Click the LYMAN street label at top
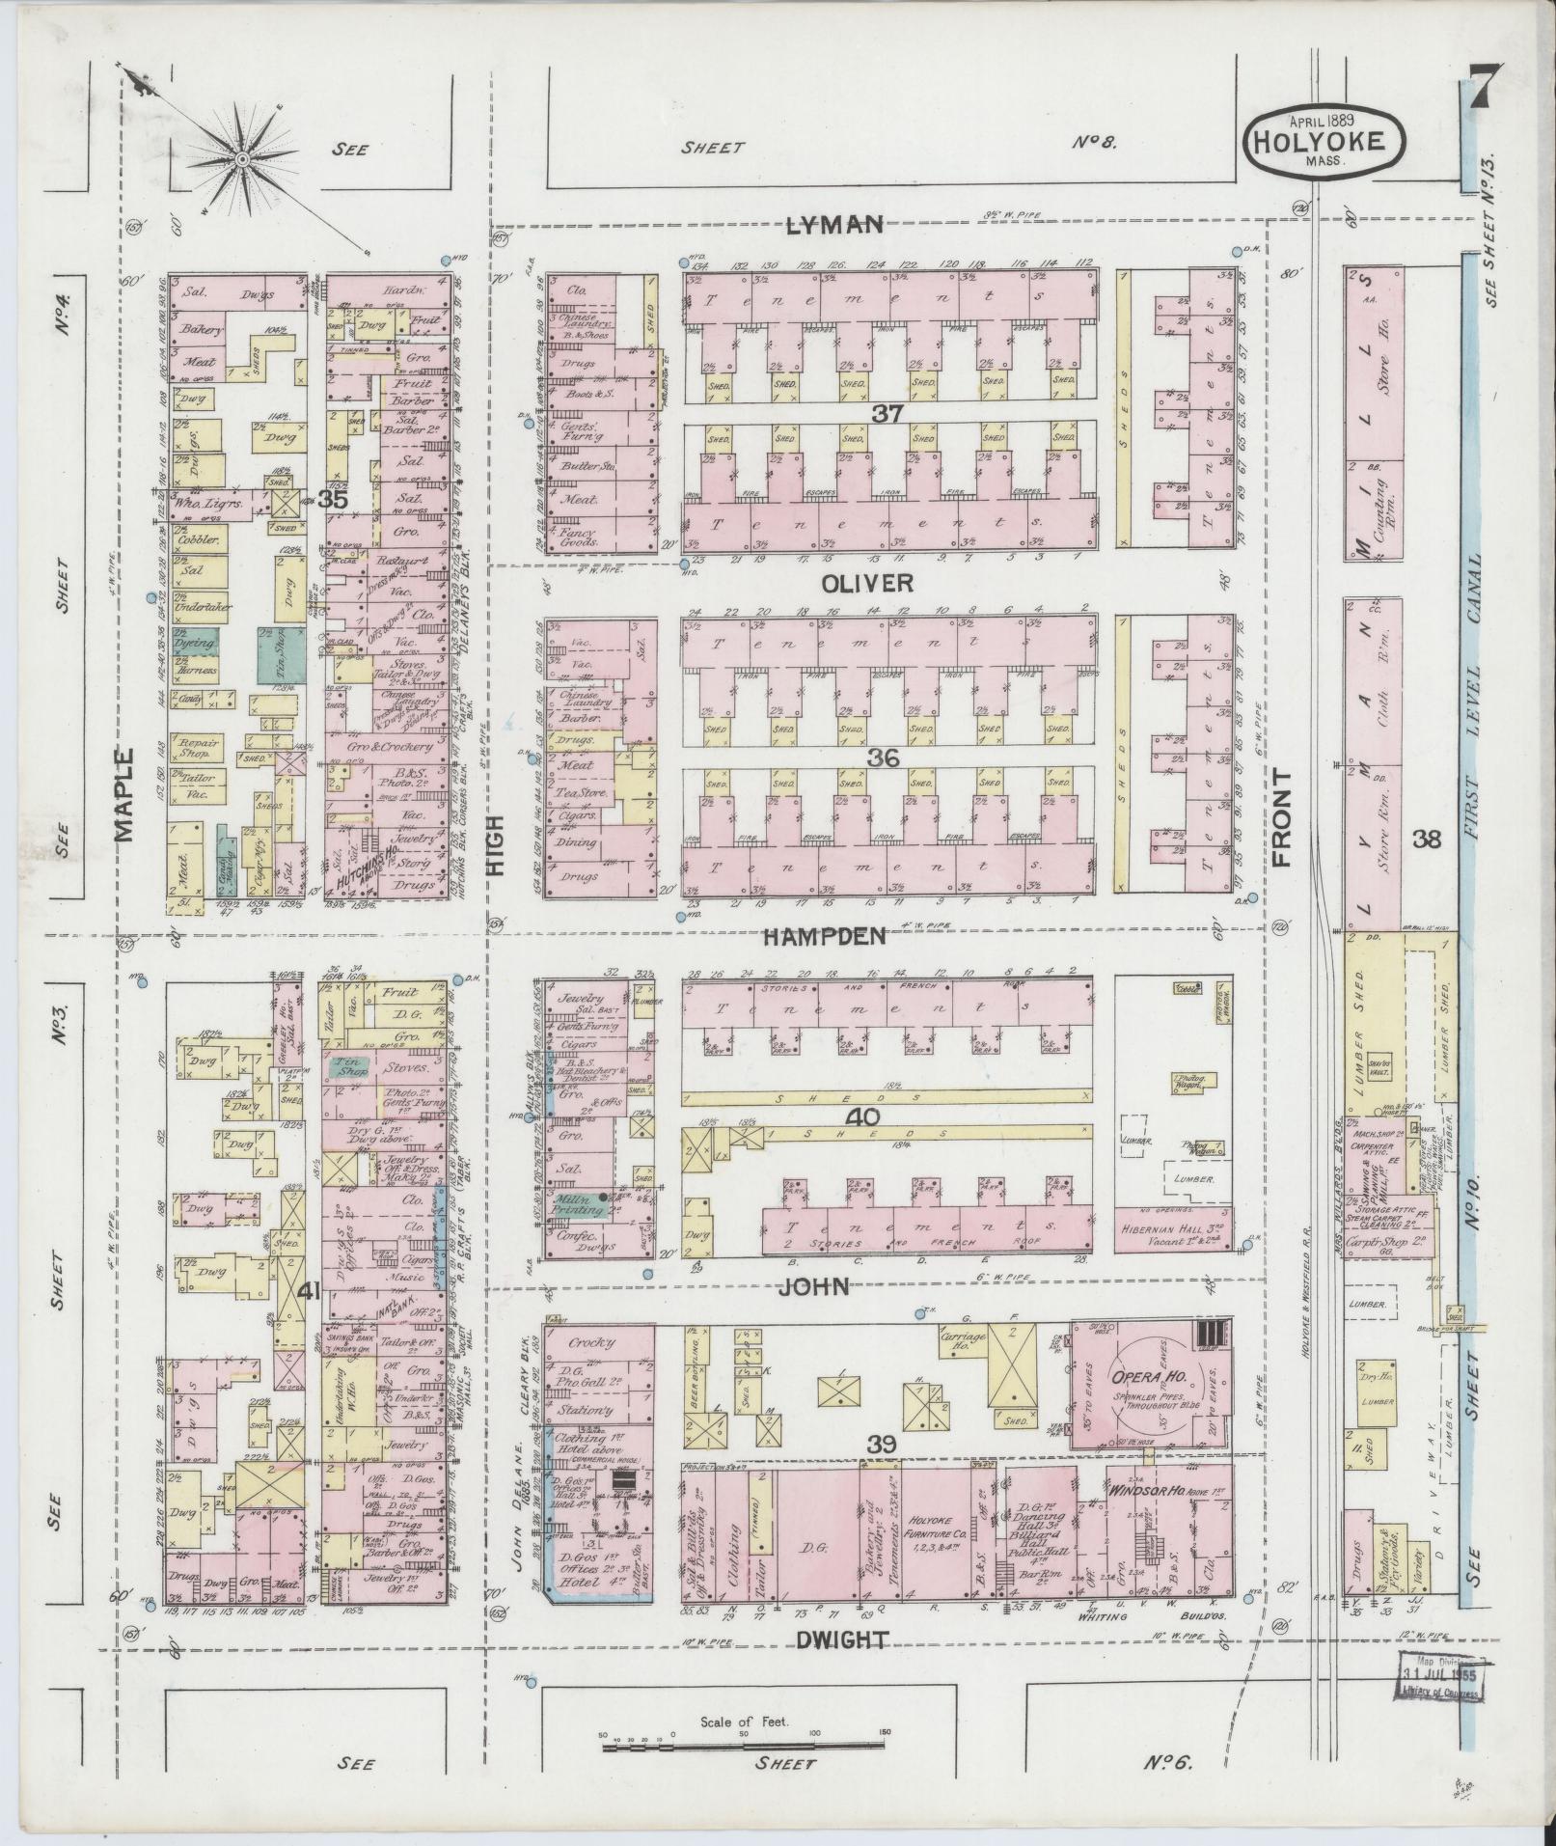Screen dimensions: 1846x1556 [x=834, y=225]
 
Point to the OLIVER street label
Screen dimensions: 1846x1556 [x=867, y=583]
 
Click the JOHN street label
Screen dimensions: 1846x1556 [x=814, y=1286]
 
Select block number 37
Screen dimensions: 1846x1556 [x=887, y=414]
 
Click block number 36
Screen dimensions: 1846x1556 [x=883, y=758]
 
